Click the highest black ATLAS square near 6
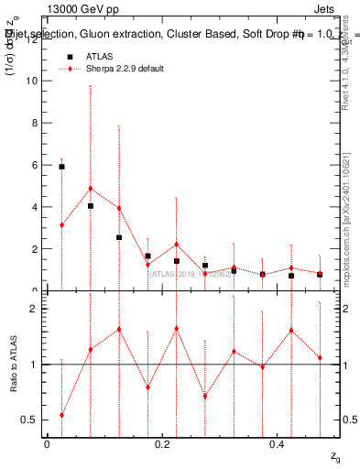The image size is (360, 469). pyautogui.click(x=61, y=167)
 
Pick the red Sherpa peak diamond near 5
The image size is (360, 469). pyautogui.click(x=90, y=189)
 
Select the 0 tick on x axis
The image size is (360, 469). pyautogui.click(x=47, y=444)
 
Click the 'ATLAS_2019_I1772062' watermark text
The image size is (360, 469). pyautogui.click(x=187, y=272)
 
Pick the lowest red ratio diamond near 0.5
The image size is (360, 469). pyautogui.click(x=61, y=415)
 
